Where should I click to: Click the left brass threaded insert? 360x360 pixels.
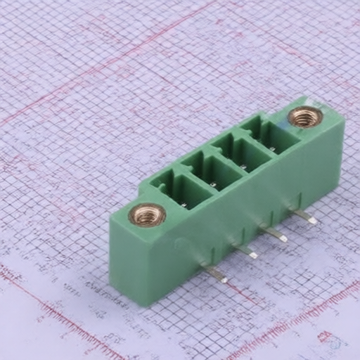147,214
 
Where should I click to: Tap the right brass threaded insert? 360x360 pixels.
305,117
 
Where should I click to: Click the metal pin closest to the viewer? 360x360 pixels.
215,273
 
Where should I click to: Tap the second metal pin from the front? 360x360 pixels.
246,251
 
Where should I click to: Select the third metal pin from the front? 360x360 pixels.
274,233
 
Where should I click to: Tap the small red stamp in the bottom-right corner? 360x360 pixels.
325,337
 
